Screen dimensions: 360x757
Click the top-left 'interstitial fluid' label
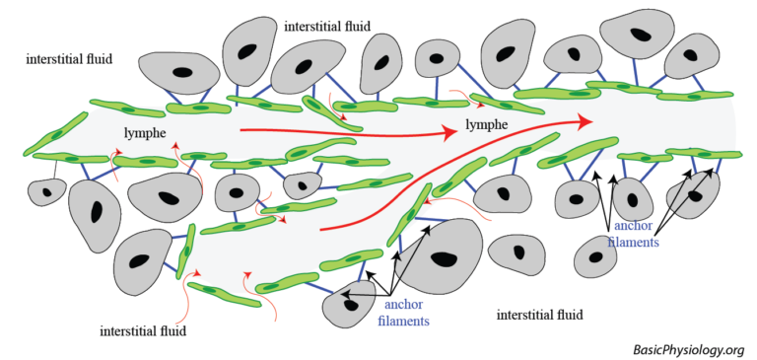click(x=69, y=59)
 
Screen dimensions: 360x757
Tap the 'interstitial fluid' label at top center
click(x=327, y=26)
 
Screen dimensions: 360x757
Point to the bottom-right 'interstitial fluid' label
click(x=540, y=316)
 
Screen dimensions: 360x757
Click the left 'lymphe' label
click(x=146, y=131)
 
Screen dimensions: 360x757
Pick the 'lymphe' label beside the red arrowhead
click(x=487, y=125)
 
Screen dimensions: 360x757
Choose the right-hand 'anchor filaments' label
click(x=631, y=234)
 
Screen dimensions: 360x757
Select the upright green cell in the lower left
click(x=185, y=252)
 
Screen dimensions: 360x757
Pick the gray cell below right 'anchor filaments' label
click(x=597, y=258)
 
